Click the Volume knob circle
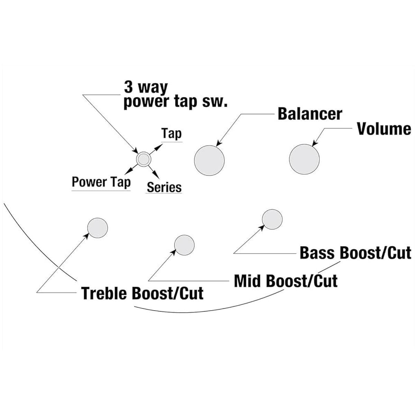[x=304, y=159]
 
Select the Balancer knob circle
[x=209, y=160]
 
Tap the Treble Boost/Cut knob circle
[x=98, y=228]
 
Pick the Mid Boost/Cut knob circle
[x=184, y=245]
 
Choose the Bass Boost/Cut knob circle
[x=272, y=219]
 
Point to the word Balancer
[x=310, y=114]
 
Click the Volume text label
[x=384, y=129]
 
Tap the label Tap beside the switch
[x=172, y=134]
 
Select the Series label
[x=164, y=187]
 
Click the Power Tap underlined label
[x=101, y=182]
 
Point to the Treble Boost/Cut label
[x=142, y=294]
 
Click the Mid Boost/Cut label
[x=286, y=281]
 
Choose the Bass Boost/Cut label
[x=355, y=253]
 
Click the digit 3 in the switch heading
[x=128, y=87]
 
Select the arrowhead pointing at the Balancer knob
[x=219, y=144]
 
